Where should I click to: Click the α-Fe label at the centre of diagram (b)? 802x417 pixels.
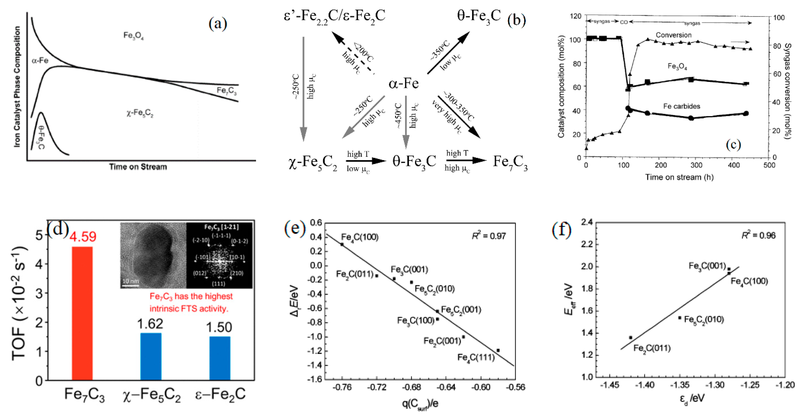403,83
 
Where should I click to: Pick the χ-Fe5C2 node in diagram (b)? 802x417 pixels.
313,163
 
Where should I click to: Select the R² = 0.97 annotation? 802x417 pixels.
489,236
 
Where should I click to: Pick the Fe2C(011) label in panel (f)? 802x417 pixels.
652,348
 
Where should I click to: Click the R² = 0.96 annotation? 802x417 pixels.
759,235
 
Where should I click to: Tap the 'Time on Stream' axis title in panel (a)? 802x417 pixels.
138,167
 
